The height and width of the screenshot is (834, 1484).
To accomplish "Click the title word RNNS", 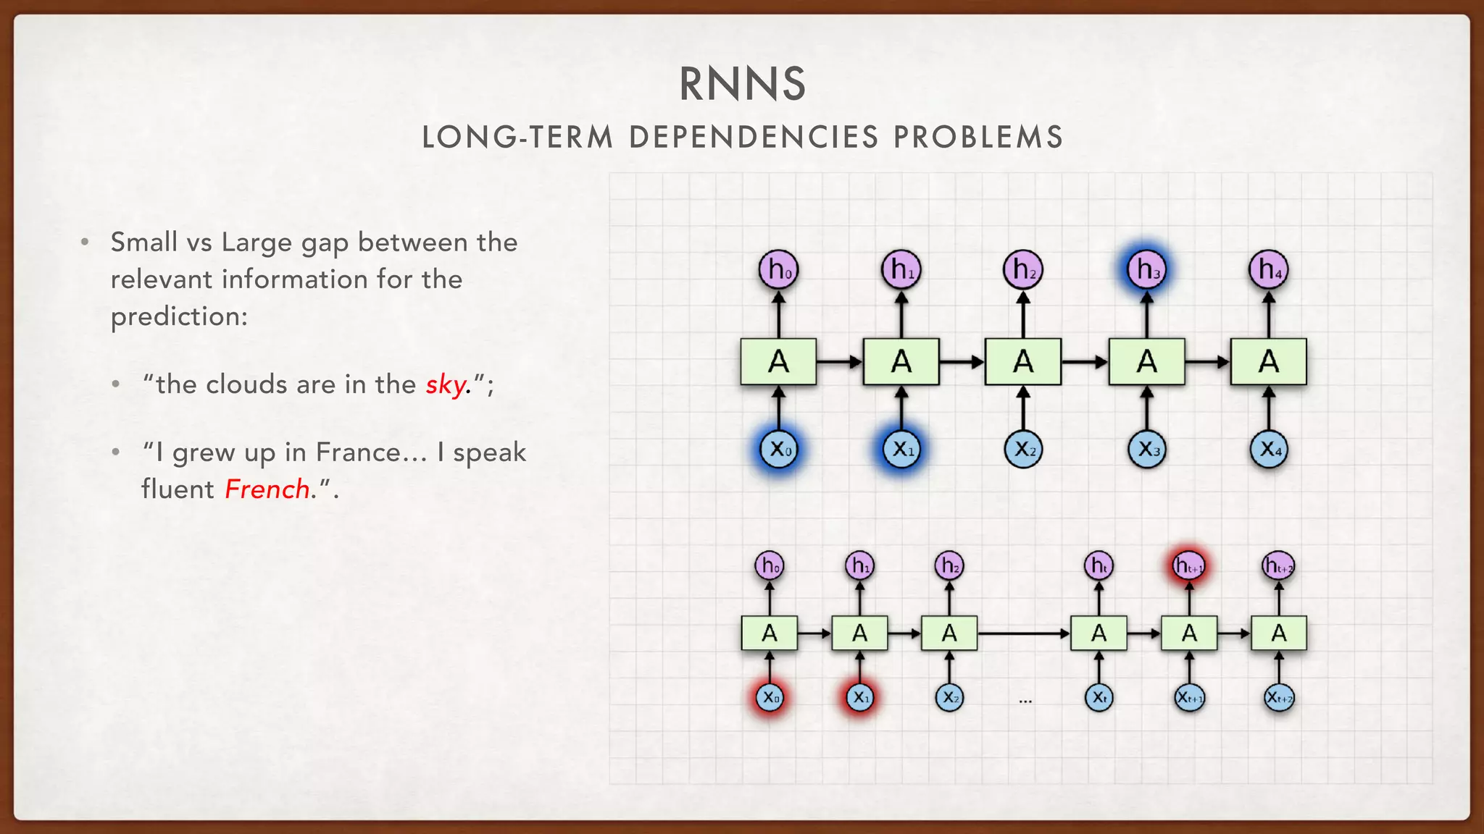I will click(742, 84).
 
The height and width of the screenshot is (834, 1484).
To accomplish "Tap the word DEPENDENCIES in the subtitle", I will click(754, 138).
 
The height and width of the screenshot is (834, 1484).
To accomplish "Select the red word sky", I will click(446, 384).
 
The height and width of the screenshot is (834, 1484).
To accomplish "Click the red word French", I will click(267, 489).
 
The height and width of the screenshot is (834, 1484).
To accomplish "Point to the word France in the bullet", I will click(358, 452).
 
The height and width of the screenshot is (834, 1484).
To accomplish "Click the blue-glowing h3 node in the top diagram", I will click(1146, 269).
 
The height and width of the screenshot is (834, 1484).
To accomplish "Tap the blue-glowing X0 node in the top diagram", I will click(778, 450).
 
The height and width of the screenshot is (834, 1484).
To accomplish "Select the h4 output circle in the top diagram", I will click(1268, 269).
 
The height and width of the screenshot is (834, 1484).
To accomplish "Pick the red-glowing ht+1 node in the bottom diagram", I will click(1188, 565).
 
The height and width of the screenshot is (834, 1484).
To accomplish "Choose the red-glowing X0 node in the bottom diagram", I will click(769, 698).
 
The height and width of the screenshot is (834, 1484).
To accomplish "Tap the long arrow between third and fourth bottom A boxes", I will click(1023, 633).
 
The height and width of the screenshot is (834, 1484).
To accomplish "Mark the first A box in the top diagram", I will click(778, 361).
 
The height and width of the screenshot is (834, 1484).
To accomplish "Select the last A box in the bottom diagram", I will click(1279, 633).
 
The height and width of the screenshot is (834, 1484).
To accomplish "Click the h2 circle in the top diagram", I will click(1023, 269).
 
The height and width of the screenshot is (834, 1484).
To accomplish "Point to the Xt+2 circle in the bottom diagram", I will click(1279, 698).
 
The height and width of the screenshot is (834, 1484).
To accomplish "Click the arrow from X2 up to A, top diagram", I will click(1023, 409).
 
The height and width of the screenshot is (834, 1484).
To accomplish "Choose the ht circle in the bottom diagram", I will click(1099, 565).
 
